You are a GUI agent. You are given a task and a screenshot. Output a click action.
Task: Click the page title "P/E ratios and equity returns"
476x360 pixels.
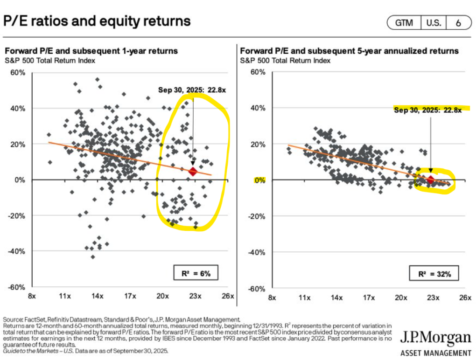(97, 21)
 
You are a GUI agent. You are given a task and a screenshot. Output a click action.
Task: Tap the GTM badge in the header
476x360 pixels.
(404, 23)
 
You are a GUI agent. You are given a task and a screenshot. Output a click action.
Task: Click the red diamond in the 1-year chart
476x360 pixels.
(193, 172)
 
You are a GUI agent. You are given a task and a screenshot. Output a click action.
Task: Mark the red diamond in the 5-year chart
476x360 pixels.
(430, 180)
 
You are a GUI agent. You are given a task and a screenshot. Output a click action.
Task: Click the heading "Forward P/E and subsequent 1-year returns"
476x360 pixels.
(91, 51)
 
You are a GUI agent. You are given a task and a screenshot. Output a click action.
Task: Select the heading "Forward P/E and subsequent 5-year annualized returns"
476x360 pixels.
(349, 51)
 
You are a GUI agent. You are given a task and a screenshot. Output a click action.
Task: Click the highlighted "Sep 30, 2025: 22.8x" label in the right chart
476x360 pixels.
(427, 110)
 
